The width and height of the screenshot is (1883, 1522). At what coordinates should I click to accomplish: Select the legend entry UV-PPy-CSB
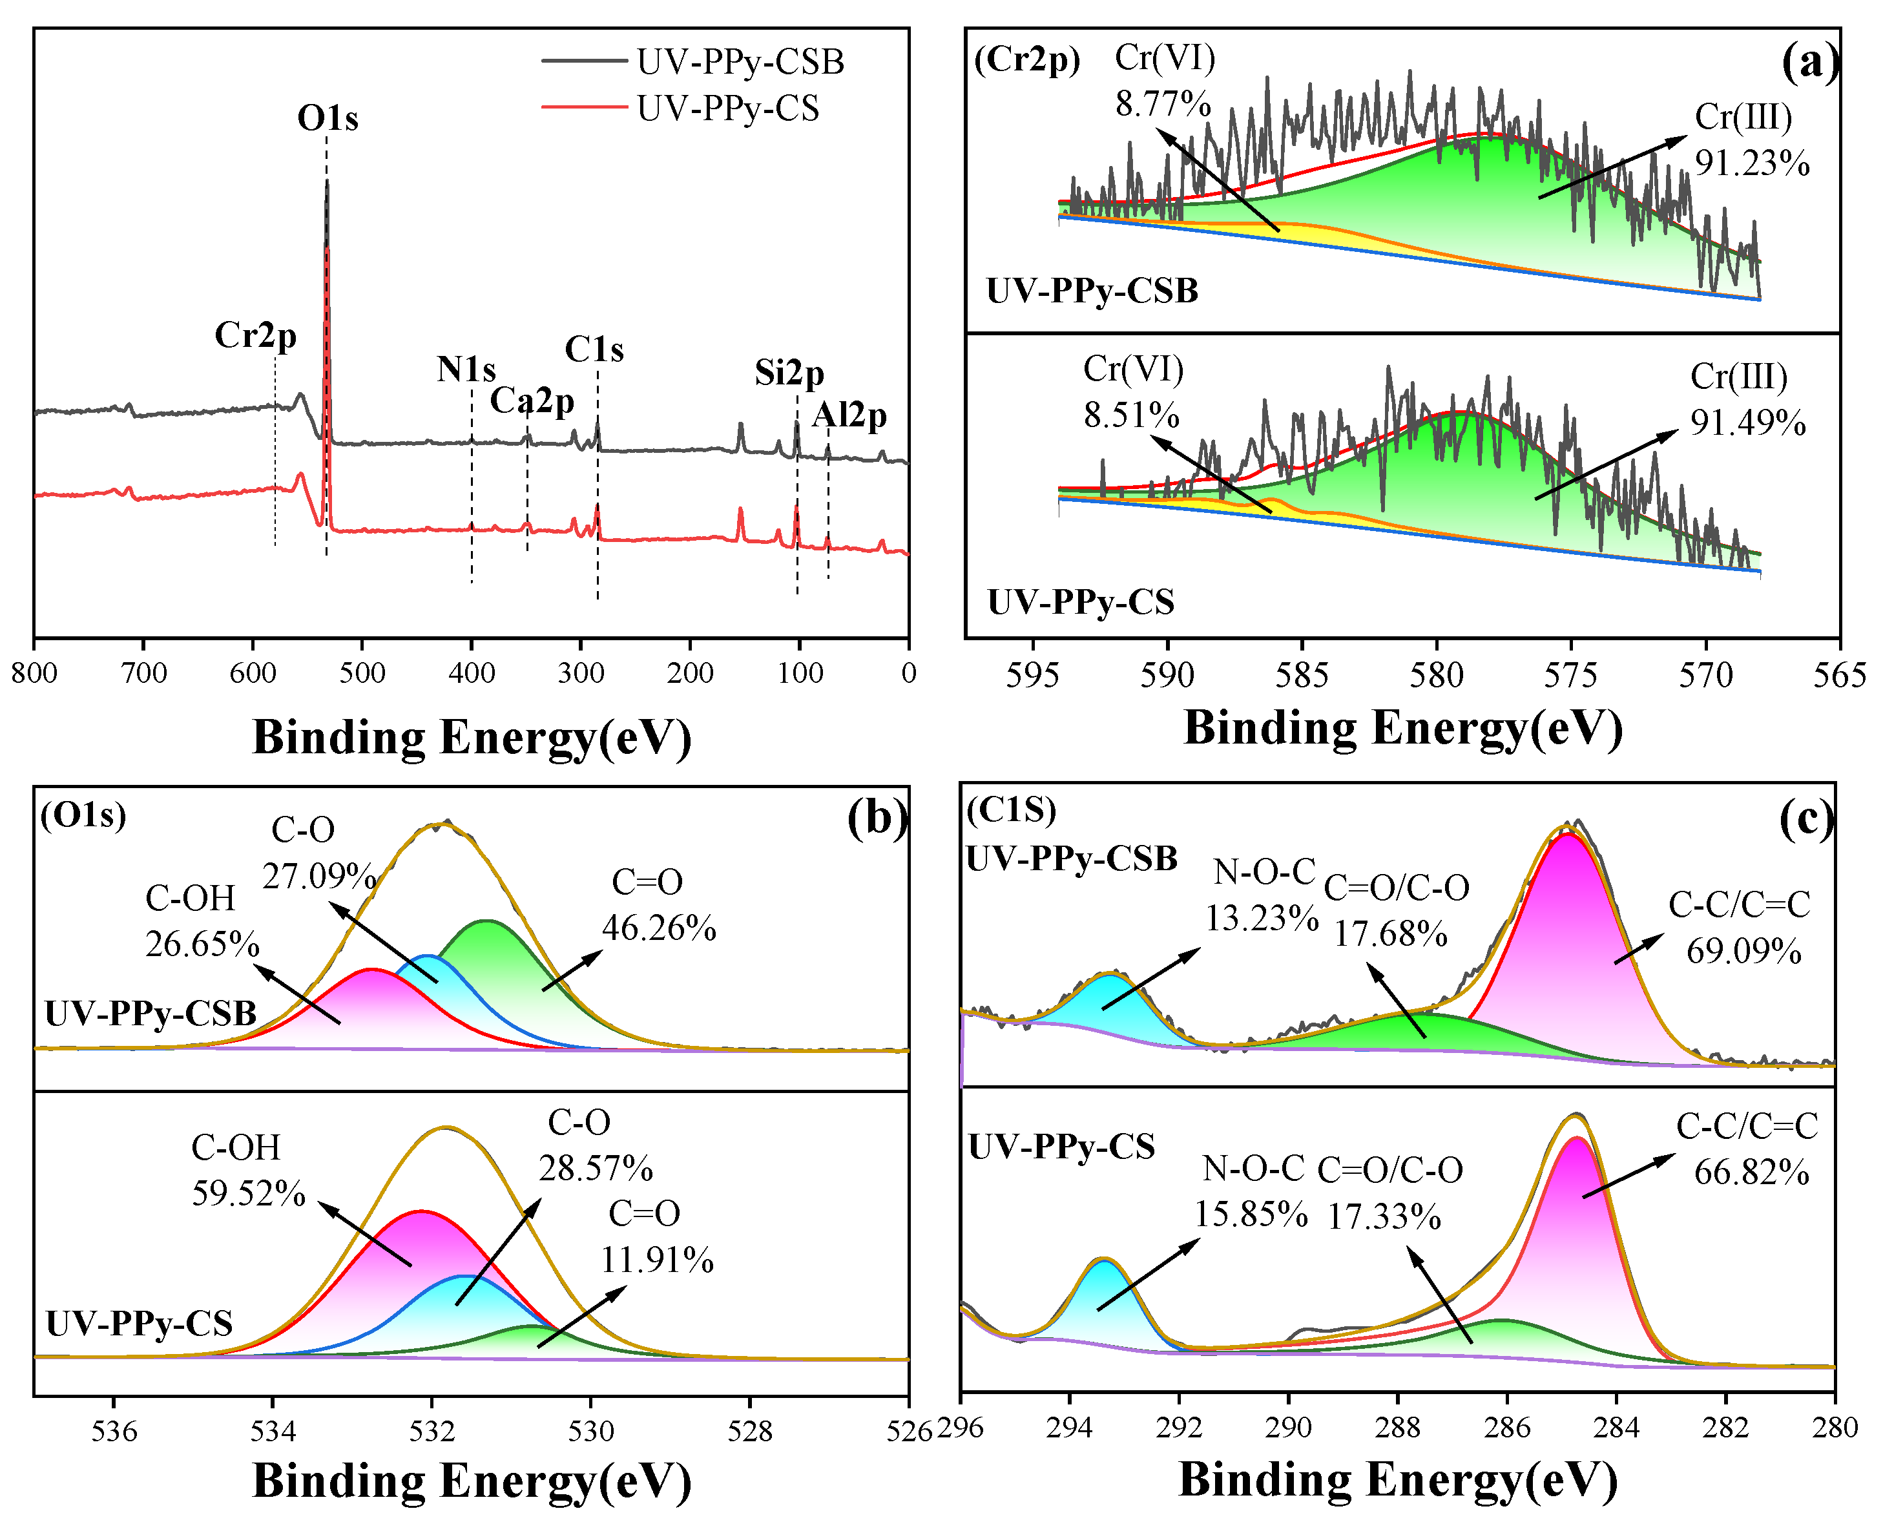click(740, 62)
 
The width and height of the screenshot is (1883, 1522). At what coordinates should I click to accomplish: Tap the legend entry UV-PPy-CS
click(727, 109)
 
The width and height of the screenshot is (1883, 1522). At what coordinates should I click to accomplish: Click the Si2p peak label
click(789, 373)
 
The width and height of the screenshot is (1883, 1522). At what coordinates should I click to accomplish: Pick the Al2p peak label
click(849, 415)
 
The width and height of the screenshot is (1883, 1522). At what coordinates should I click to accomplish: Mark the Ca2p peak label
click(532, 402)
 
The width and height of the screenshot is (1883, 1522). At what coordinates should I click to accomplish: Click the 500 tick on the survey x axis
click(362, 673)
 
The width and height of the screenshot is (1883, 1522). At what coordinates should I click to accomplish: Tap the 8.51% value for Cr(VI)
click(1132, 415)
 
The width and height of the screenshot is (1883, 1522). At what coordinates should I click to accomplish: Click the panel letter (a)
click(1809, 62)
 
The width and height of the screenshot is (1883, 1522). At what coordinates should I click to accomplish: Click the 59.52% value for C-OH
click(249, 1194)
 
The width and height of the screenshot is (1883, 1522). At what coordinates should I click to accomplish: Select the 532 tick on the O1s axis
click(432, 1431)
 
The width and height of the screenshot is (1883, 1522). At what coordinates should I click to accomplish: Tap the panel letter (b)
click(877, 818)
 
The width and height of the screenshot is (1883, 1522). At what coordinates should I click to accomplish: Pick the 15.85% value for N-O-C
click(1251, 1215)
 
